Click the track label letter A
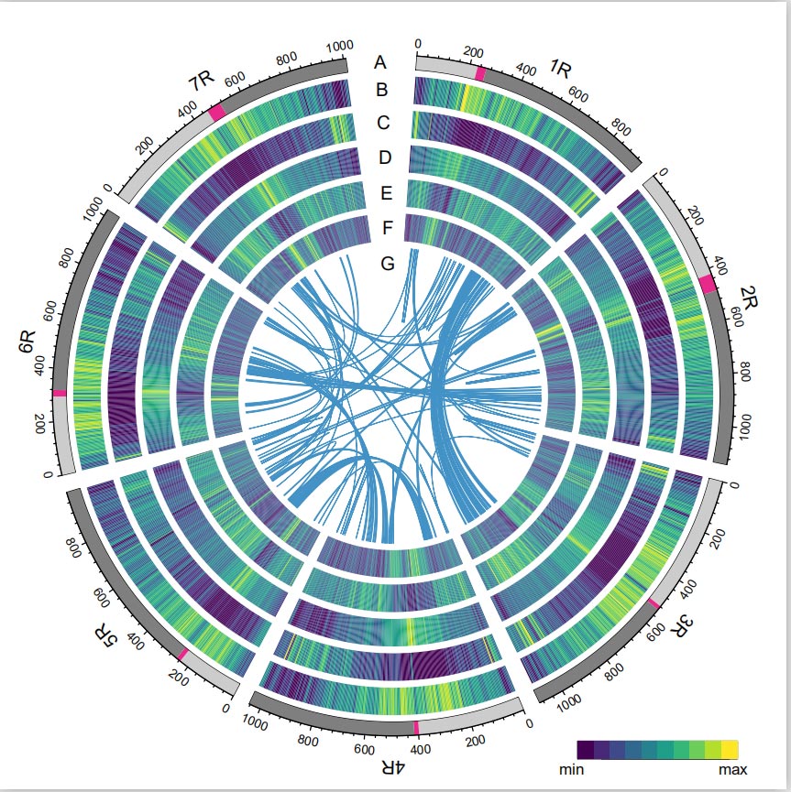(381, 62)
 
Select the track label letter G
(387, 264)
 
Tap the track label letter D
(385, 157)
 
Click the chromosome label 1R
(561, 70)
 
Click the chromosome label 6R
(27, 346)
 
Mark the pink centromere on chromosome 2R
(708, 284)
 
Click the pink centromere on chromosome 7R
(216, 112)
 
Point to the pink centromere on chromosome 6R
(60, 393)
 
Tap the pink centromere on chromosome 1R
(479, 73)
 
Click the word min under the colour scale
(571, 770)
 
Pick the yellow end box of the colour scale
(730, 750)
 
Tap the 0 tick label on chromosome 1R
(419, 43)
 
